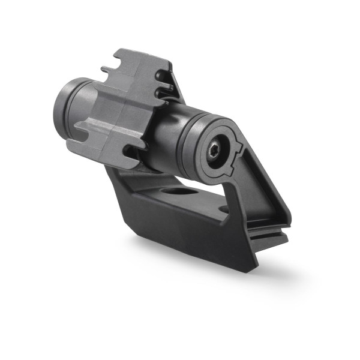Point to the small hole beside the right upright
pyautogui.click(x=224, y=209)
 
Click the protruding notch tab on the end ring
pyautogui.click(x=238, y=147)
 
